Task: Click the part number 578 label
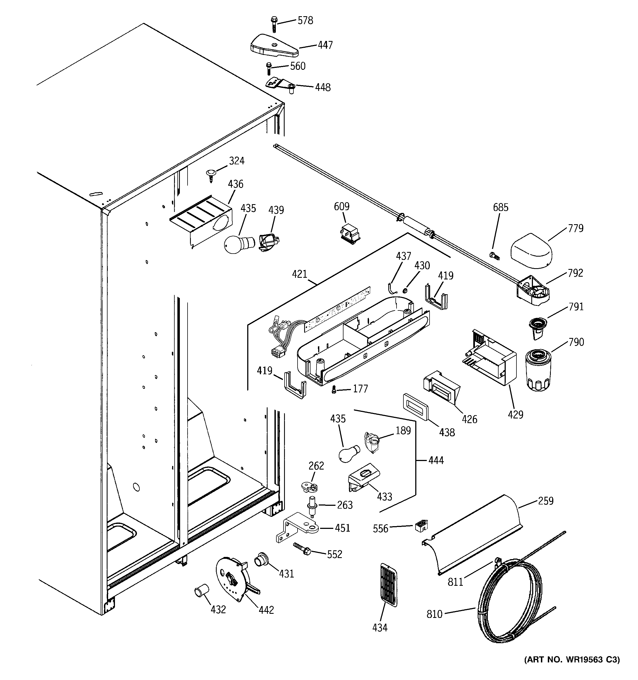305,21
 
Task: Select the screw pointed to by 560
269,69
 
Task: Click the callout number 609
342,207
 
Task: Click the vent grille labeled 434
388,587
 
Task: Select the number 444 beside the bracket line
436,460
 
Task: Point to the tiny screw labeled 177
334,390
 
